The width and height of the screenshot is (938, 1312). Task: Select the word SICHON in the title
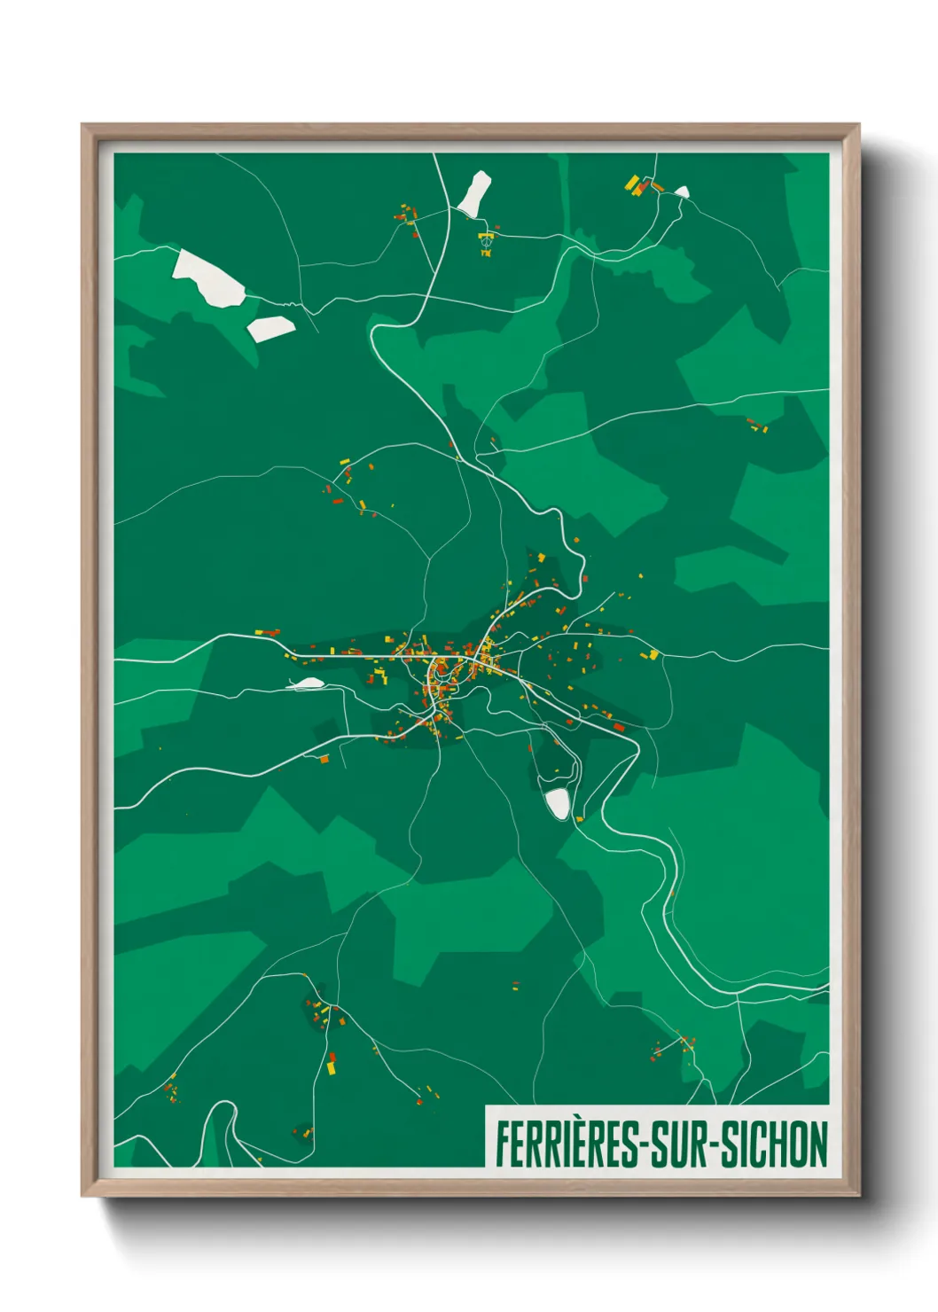774,1144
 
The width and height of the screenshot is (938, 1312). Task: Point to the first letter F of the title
502,1144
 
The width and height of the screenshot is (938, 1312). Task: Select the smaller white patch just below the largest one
270,328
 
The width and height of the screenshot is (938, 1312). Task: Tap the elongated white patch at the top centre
474,193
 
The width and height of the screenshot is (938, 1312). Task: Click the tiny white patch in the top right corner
682,191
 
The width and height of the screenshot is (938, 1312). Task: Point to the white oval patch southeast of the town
558,803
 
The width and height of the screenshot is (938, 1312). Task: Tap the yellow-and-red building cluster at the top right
639,185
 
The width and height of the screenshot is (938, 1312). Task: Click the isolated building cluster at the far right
756,426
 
